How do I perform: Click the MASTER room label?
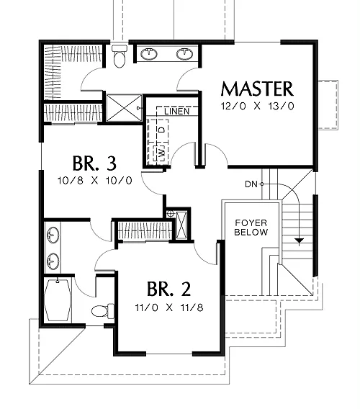tap(257, 89)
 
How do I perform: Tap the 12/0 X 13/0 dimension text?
tap(257, 106)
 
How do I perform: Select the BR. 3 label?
tap(94, 163)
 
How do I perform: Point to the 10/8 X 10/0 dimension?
tap(95, 181)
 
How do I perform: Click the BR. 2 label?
tap(168, 289)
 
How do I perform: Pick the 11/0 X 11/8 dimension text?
tap(169, 307)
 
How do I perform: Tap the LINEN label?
tap(177, 112)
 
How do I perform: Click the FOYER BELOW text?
tap(251, 228)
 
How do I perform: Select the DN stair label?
tap(251, 184)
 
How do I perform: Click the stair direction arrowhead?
tap(300, 241)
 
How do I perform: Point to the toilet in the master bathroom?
tap(120, 56)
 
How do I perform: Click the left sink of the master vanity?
tap(149, 54)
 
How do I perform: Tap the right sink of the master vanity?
tap(185, 54)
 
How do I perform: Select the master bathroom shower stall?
tap(124, 108)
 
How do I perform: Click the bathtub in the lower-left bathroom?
tap(58, 300)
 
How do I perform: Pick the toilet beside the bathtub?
tap(103, 310)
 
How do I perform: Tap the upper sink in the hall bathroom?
tap(53, 235)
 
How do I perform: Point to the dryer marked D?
tap(162, 130)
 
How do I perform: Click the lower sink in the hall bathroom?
tap(53, 261)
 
